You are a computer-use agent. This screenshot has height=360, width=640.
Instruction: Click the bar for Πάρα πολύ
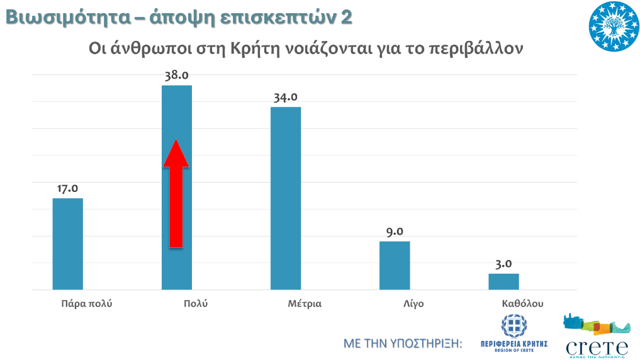(x=67, y=244)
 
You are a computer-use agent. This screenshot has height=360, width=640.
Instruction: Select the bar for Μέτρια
(x=286, y=198)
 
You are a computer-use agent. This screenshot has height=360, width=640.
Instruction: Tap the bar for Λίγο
(x=395, y=265)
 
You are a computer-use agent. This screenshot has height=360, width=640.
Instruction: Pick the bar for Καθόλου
(x=503, y=281)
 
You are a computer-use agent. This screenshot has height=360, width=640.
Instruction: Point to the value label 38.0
(x=177, y=76)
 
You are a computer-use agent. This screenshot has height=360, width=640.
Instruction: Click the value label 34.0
(x=286, y=98)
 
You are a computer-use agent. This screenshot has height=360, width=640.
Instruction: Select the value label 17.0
(x=67, y=188)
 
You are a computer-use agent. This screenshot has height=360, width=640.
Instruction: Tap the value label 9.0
(x=395, y=232)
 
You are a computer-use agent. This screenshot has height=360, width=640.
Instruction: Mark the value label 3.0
(x=503, y=264)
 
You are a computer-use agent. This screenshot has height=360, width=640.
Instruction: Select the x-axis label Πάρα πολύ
(x=86, y=303)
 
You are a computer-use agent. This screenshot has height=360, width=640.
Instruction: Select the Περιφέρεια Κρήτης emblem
(x=514, y=334)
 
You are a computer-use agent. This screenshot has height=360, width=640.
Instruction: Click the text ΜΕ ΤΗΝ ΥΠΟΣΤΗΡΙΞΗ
(x=403, y=344)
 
